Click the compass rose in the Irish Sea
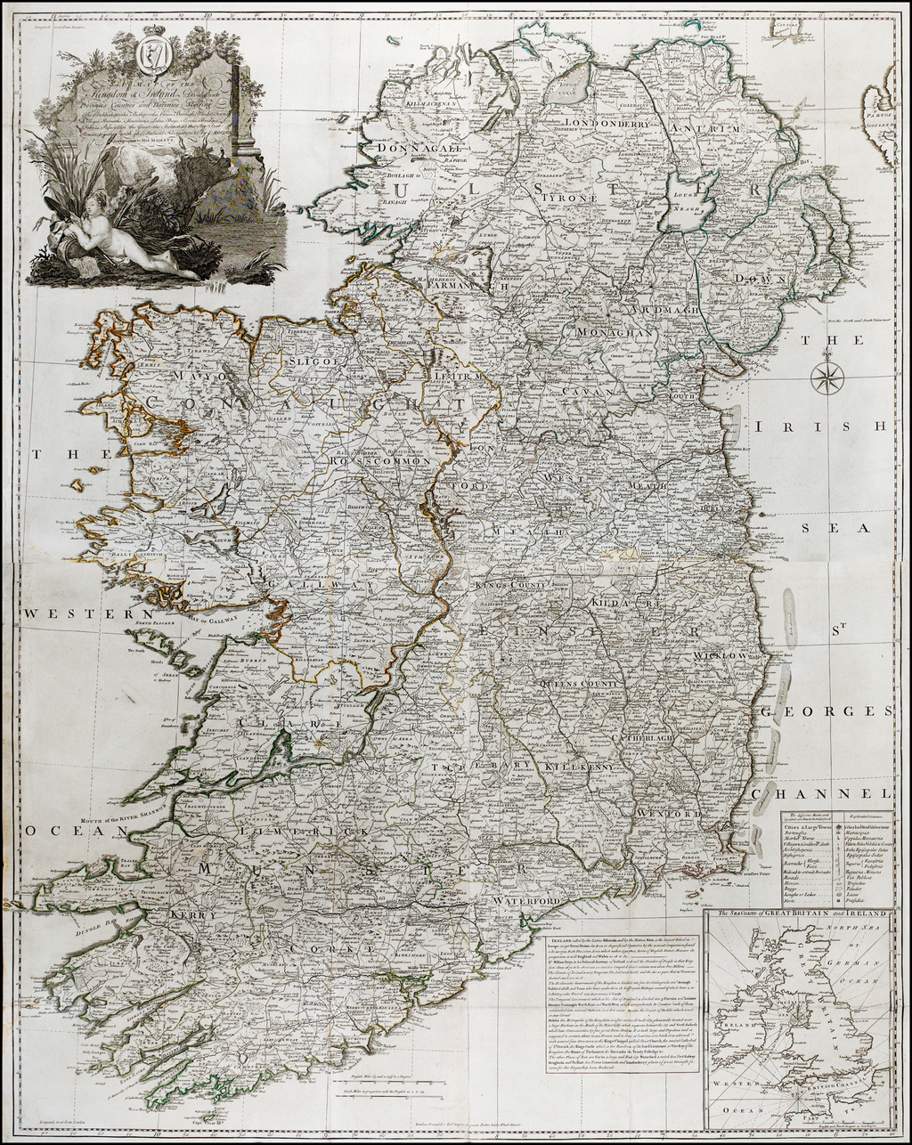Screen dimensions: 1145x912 (x=826, y=378)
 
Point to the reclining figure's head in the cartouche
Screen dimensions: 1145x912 (x=94, y=204)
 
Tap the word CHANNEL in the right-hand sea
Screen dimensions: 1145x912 (x=819, y=793)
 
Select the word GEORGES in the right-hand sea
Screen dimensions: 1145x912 (x=826, y=711)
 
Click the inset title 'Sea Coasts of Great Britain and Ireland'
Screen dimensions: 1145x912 (x=798, y=914)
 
